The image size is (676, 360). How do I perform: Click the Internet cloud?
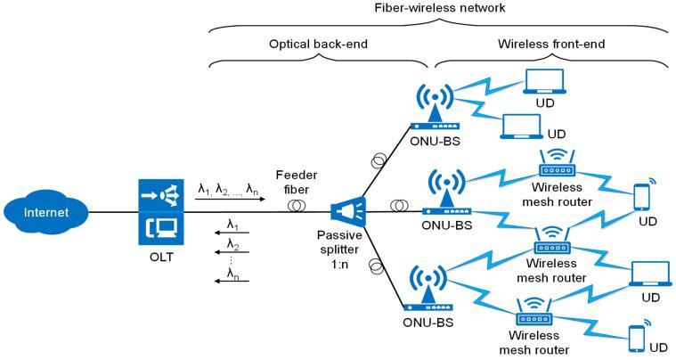pyautogui.click(x=45, y=213)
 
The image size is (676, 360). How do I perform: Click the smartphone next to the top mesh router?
pyautogui.click(x=641, y=196)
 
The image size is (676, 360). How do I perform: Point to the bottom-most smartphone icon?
pyautogui.click(x=638, y=339)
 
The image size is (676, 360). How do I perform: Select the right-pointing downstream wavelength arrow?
pyautogui.click(x=231, y=200)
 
